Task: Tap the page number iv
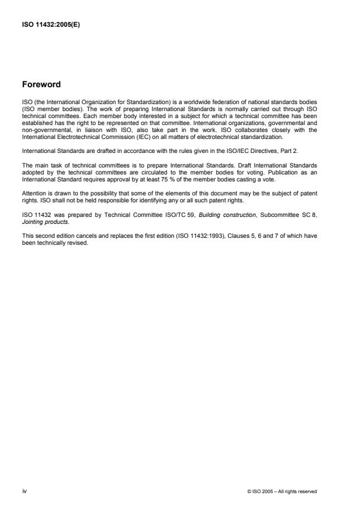pos(24,491)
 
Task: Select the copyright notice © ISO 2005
pos(282,491)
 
